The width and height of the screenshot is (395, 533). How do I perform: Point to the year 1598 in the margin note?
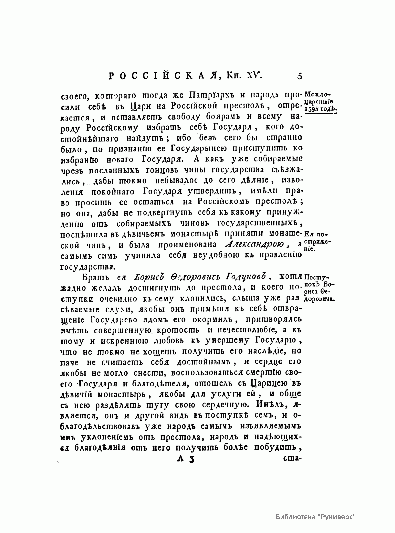click(x=312, y=109)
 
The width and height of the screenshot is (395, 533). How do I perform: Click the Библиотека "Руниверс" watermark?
click(x=316, y=517)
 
